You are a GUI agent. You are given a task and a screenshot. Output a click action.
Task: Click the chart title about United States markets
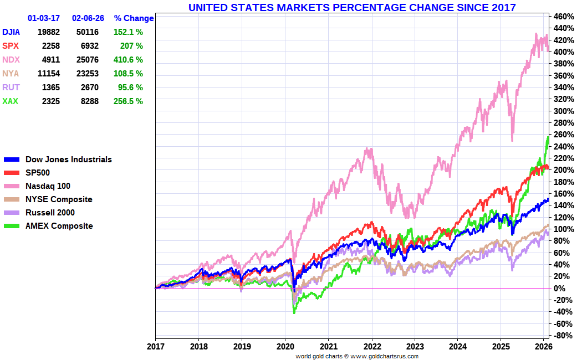coord(352,7)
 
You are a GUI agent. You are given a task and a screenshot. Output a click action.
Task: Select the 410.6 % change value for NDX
coord(129,60)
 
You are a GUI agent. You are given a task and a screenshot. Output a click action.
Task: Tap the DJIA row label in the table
coord(13,32)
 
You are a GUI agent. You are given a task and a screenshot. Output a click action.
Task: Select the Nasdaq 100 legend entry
coord(48,186)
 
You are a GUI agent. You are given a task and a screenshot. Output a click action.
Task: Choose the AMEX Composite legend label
coord(59,226)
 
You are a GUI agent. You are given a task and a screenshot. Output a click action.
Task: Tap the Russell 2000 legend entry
coord(50,213)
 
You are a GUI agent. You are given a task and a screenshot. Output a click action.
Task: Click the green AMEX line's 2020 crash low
coord(294,313)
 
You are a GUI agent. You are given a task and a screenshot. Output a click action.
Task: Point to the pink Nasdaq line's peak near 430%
coord(536,34)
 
